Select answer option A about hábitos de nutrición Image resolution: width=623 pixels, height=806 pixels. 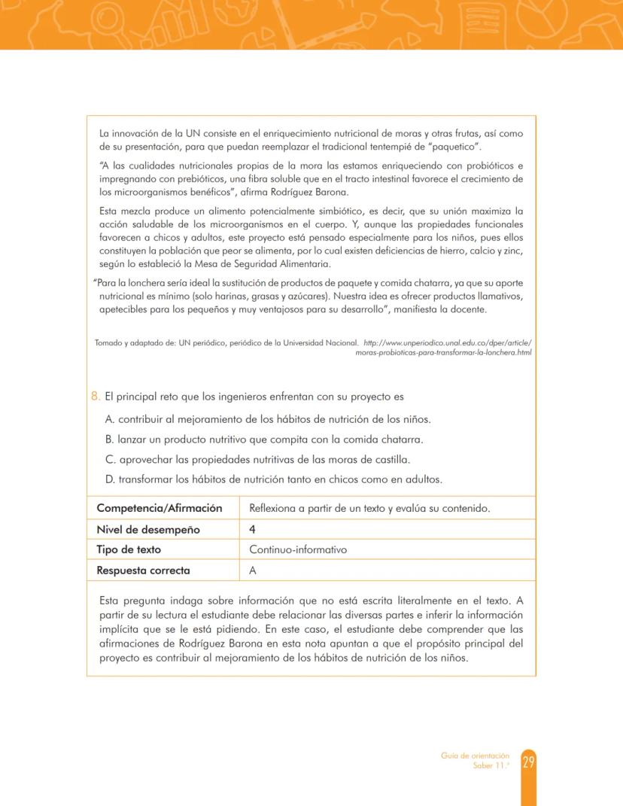pos(268,418)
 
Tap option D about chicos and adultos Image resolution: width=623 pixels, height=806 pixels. pos(273,479)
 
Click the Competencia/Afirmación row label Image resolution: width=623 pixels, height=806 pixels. pos(159,509)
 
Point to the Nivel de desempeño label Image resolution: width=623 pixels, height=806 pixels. pos(147,529)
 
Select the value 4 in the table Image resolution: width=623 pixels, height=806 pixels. pos(253,529)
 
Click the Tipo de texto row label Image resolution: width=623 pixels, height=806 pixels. pos(129,549)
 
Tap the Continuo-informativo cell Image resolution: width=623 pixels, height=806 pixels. pos(298,549)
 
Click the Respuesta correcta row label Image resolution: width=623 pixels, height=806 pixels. pos(143,570)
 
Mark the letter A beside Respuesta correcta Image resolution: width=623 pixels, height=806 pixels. pos(253,570)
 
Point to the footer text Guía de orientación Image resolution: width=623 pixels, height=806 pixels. pos(475,756)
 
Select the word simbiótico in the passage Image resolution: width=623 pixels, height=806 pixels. pos(352,211)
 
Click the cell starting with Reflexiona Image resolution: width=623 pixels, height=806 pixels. pos(369,509)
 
